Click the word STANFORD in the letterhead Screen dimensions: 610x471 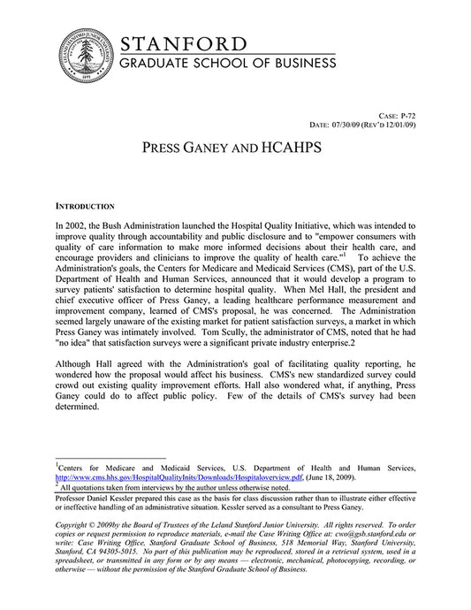[x=183, y=44]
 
